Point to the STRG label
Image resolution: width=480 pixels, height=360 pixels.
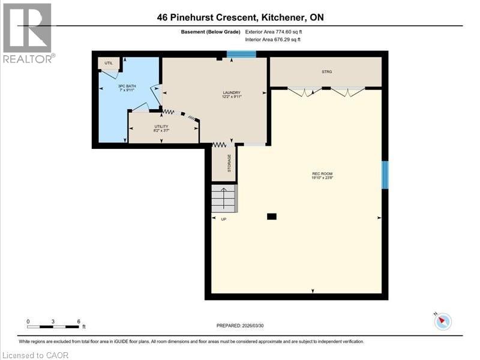326,72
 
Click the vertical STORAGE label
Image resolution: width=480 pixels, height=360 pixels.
229,164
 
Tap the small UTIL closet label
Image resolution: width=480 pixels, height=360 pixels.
109,63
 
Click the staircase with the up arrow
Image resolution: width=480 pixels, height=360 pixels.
224,198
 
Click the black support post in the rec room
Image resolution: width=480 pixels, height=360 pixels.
272,217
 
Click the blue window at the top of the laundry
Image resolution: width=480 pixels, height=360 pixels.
242,55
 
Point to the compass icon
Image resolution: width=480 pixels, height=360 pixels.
443,321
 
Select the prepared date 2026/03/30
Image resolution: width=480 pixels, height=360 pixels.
241,325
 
